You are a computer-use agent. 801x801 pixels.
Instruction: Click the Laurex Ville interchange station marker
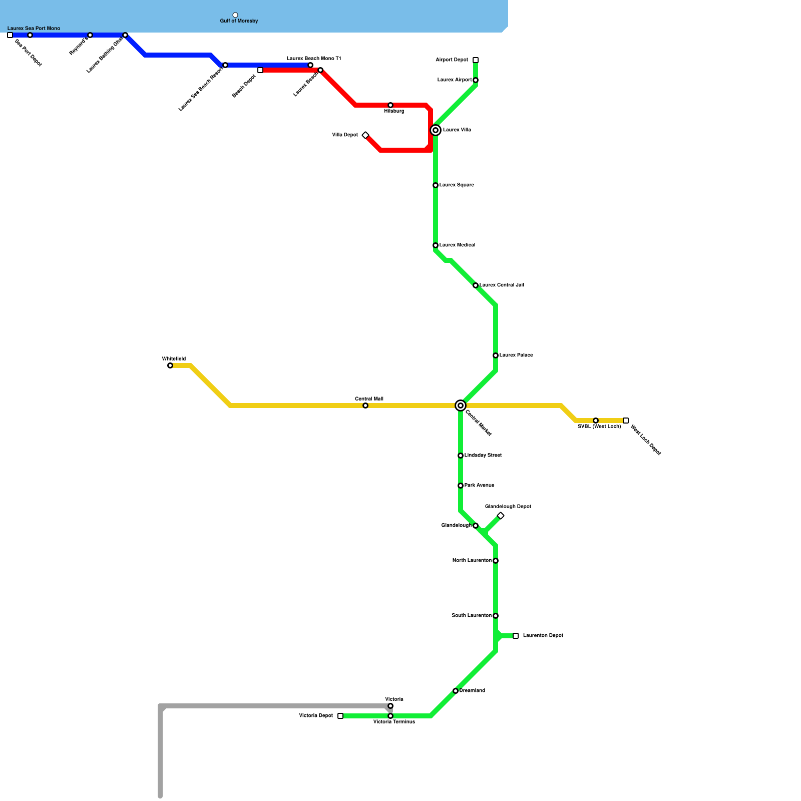click(436, 130)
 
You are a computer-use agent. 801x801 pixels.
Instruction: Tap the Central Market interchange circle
click(461, 406)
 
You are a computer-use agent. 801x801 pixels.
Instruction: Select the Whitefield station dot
click(170, 365)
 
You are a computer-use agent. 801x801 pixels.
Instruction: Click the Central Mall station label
click(369, 399)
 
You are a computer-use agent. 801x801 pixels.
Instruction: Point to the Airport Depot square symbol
click(476, 60)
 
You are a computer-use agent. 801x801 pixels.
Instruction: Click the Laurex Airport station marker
click(476, 80)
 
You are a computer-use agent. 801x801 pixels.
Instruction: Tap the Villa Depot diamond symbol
click(365, 135)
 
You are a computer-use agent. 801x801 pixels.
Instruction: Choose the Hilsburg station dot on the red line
click(390, 105)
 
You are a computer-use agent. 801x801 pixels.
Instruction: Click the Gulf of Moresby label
click(239, 21)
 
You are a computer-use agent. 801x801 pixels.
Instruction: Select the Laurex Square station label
click(457, 185)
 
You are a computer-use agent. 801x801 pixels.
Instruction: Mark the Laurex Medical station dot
click(436, 245)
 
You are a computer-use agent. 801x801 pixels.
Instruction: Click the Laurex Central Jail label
click(502, 285)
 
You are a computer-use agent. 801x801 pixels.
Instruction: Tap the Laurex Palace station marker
click(496, 355)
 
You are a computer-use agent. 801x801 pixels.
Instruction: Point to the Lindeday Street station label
click(483, 456)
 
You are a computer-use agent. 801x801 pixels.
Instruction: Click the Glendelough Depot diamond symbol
click(501, 516)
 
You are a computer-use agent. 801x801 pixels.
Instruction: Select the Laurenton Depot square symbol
click(516, 636)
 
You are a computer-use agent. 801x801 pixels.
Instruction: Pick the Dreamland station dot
click(456, 691)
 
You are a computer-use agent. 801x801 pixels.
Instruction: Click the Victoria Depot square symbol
click(340, 716)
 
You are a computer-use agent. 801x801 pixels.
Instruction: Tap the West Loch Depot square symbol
click(626, 421)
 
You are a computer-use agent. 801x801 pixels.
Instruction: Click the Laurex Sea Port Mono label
click(34, 29)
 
